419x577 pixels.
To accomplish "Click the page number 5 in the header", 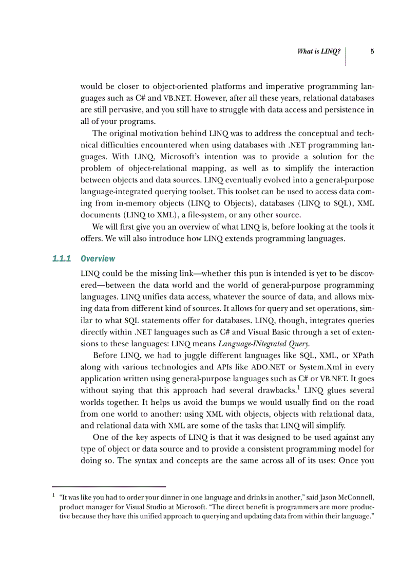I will click(x=372, y=51).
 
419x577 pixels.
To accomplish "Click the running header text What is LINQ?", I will click(x=319, y=51).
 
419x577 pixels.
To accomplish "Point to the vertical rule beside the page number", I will click(x=346, y=57).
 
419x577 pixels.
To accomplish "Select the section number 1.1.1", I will click(x=61, y=258).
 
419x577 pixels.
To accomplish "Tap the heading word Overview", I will click(x=98, y=258).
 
